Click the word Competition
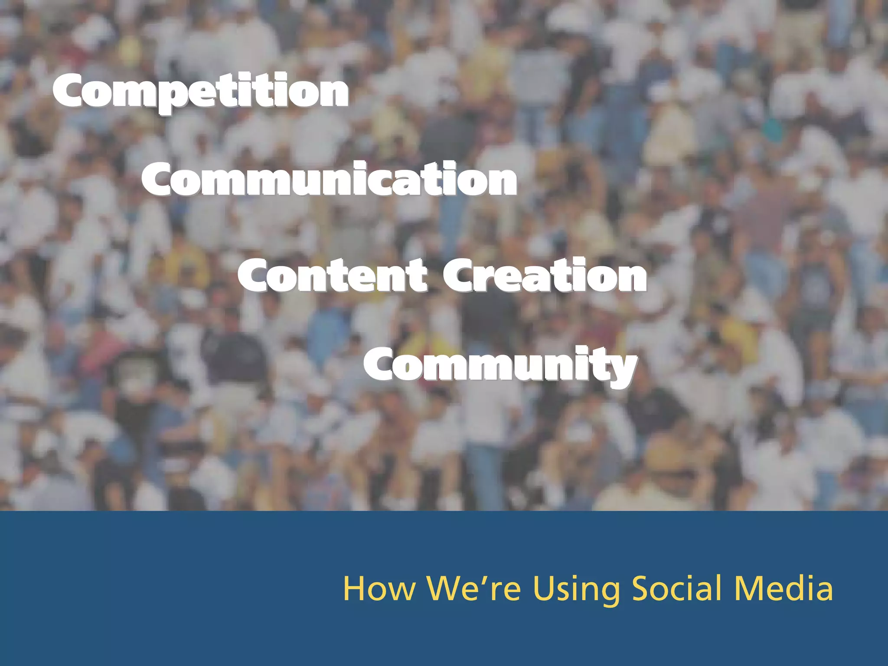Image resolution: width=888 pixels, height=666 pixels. pos(200,91)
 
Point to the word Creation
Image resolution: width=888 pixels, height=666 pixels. pos(544,275)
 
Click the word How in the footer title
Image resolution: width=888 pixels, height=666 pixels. pos(379,589)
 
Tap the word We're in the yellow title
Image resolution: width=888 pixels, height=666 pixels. pos(473,589)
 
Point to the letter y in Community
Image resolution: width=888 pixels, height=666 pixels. pos(622,371)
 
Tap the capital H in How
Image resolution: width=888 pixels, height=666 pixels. pos(354,589)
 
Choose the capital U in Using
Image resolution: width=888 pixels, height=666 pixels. pos(544,589)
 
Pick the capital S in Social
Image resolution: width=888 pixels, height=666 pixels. pos(641,588)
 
